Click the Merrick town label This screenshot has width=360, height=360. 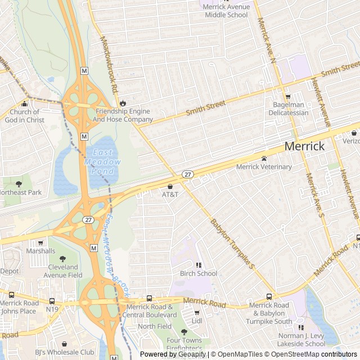click(304, 146)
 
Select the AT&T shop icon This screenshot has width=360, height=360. click(170, 186)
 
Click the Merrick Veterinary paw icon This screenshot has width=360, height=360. click(264, 159)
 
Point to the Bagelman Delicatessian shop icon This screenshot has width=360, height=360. click(288, 97)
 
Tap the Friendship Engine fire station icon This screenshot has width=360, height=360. click(122, 103)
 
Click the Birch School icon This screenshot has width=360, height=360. click(199, 265)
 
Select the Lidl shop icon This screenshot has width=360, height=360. click(197, 313)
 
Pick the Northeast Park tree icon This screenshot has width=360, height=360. click(19, 184)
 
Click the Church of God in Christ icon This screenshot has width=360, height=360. click(24, 103)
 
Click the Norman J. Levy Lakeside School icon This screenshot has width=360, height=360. click(301, 327)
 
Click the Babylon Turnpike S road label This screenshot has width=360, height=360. click(233, 242)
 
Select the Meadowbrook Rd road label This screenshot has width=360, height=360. click(108, 65)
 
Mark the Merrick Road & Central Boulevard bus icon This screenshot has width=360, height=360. click(149, 299)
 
